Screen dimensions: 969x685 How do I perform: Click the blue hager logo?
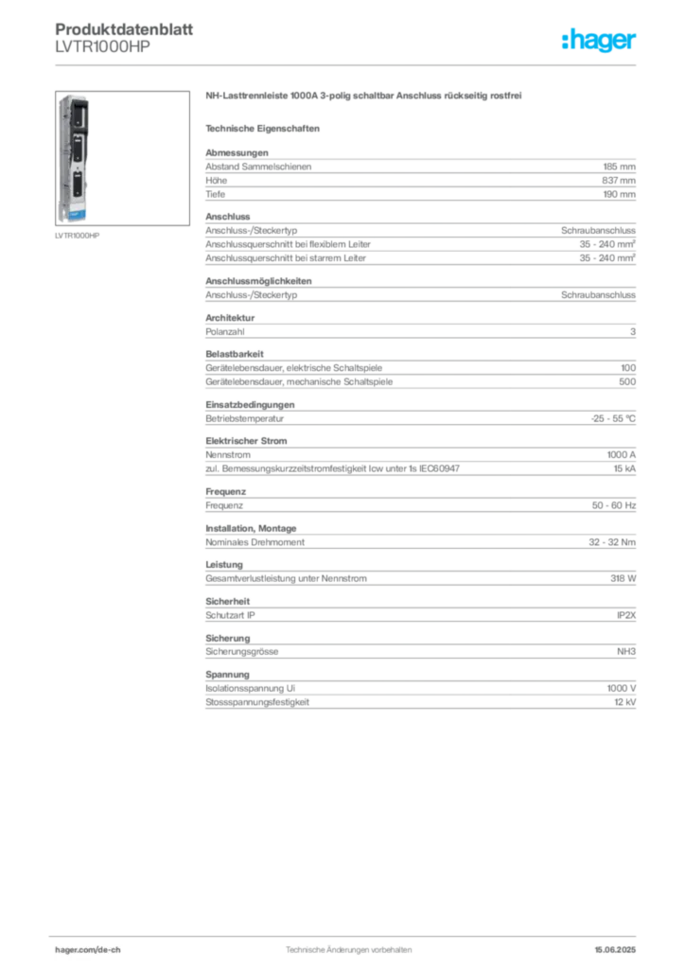click(601, 43)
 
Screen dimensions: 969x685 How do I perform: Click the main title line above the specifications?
click(364, 97)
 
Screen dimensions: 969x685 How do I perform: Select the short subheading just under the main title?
click(265, 127)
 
